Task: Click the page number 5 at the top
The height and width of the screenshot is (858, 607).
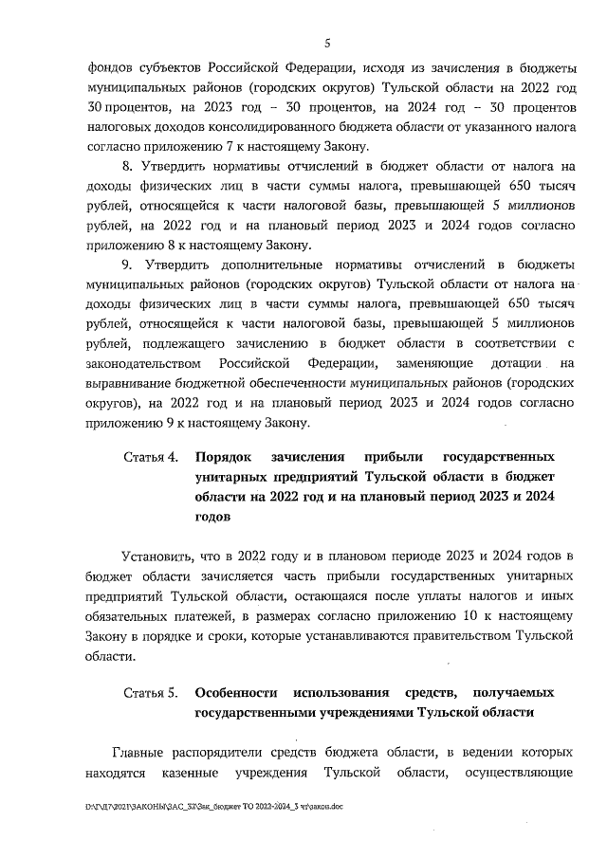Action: click(327, 43)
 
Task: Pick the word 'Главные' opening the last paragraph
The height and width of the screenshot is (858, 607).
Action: click(142, 754)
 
